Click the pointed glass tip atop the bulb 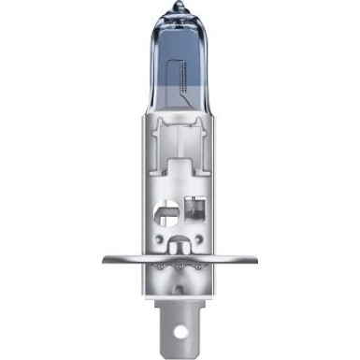coord(179,8)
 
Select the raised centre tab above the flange coord(180,245)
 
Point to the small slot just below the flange coord(180,280)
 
